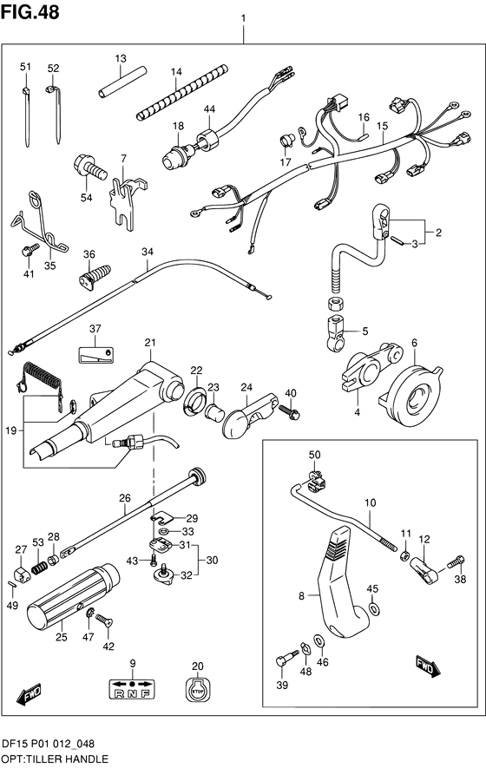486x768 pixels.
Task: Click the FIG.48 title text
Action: (x=30, y=12)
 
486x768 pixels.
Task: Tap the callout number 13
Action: (x=121, y=58)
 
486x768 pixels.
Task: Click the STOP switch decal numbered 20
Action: (x=196, y=693)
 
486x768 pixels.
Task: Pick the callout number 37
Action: (x=95, y=328)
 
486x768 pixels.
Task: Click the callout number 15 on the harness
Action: (x=382, y=126)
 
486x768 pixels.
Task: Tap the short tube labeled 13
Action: (x=122, y=81)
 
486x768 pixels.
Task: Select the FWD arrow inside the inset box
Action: (x=428, y=666)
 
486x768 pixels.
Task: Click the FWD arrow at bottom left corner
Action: (x=29, y=695)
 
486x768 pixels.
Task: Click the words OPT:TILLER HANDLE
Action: (x=56, y=758)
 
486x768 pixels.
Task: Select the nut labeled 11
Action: (x=405, y=555)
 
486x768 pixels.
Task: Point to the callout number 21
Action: (x=150, y=343)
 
